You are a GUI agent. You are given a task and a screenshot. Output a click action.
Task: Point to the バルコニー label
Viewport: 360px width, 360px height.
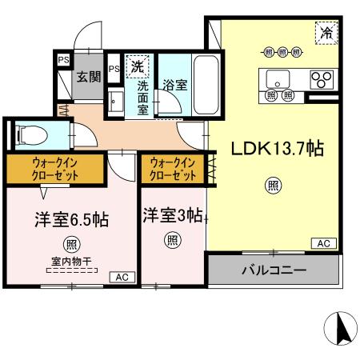click(274, 270)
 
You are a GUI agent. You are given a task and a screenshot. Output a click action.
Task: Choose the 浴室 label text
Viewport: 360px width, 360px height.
click(175, 84)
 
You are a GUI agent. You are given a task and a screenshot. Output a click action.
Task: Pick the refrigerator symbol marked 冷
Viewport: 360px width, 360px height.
click(326, 33)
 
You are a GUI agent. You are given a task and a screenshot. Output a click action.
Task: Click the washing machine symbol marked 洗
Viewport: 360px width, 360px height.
click(138, 65)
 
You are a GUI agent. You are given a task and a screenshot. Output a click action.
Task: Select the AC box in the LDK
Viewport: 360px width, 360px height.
click(323, 243)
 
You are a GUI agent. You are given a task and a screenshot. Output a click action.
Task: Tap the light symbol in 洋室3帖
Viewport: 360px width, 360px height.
click(172, 238)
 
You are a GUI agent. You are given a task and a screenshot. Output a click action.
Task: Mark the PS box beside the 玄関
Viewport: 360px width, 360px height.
click(62, 59)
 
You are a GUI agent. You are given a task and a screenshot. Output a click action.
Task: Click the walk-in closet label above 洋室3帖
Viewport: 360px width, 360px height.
click(172, 169)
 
